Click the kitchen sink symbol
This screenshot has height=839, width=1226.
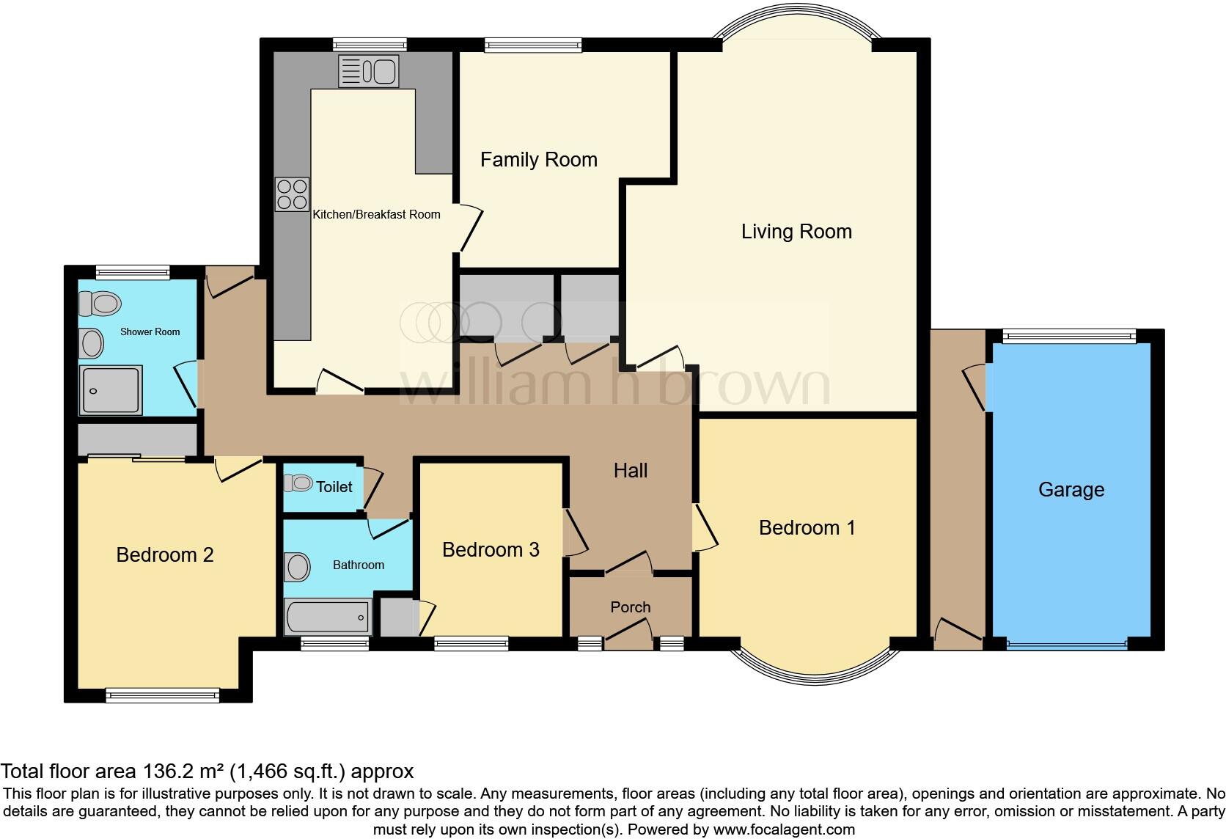368,71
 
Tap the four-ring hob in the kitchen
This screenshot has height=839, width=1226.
291,194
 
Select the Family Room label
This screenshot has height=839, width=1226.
538,160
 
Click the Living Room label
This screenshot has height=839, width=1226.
796,232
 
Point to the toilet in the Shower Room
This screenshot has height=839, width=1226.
100,302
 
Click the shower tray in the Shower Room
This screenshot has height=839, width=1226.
110,391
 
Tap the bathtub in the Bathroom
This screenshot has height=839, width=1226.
328,617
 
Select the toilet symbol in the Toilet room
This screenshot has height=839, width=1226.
298,483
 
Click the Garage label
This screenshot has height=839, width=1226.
1071,490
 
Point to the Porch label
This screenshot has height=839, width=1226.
630,607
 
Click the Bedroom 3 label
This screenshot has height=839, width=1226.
491,550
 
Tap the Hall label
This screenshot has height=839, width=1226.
630,471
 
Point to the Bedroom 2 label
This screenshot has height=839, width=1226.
165,555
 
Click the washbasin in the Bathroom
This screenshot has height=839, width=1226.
297,566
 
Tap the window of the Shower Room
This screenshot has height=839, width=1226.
133,272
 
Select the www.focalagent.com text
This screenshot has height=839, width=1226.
783,830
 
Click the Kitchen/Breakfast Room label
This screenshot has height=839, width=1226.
376,215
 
